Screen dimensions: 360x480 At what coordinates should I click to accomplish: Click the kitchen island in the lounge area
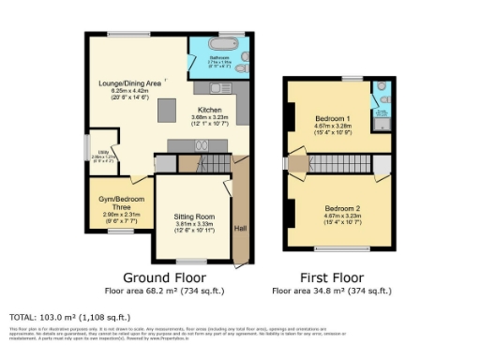(166, 111)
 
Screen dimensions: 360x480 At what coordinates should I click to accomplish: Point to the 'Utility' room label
(97, 157)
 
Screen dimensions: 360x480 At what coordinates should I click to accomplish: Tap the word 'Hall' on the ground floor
(241, 228)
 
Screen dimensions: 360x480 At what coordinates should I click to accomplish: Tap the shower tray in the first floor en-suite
(382, 118)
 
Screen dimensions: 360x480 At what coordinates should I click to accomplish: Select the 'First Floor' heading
(331, 277)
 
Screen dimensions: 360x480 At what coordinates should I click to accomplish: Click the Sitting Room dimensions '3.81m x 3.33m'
(194, 224)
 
